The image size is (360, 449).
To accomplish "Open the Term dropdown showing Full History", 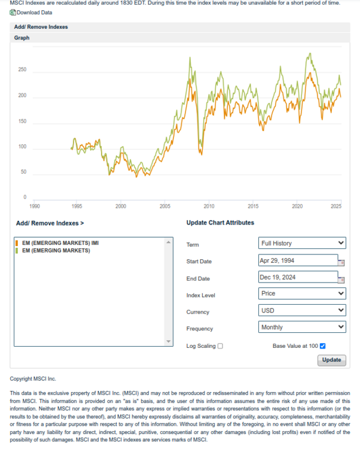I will (303, 243).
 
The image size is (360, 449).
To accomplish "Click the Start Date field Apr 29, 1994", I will (298, 260).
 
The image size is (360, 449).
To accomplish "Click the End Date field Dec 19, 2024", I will (298, 277).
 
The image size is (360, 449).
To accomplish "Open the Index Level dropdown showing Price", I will (303, 293).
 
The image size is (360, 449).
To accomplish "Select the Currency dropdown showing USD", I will (303, 310).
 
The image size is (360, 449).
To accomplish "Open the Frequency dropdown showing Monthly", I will (303, 327).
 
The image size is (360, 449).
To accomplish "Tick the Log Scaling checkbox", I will (221, 346).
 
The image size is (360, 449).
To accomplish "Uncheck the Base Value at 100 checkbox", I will (323, 346).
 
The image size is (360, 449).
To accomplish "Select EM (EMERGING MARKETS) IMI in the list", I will (60, 244).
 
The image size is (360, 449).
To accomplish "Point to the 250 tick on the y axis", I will (23, 70).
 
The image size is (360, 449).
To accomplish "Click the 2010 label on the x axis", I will (209, 206).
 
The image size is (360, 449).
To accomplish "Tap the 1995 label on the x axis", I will (77, 206).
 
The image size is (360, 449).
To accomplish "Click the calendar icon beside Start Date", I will (342, 262).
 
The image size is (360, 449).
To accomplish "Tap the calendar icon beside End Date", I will (342, 279).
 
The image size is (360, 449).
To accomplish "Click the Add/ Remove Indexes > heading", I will (50, 223).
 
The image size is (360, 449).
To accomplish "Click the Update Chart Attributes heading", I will (220, 223).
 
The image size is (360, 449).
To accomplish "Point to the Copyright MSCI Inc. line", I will (33, 379).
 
